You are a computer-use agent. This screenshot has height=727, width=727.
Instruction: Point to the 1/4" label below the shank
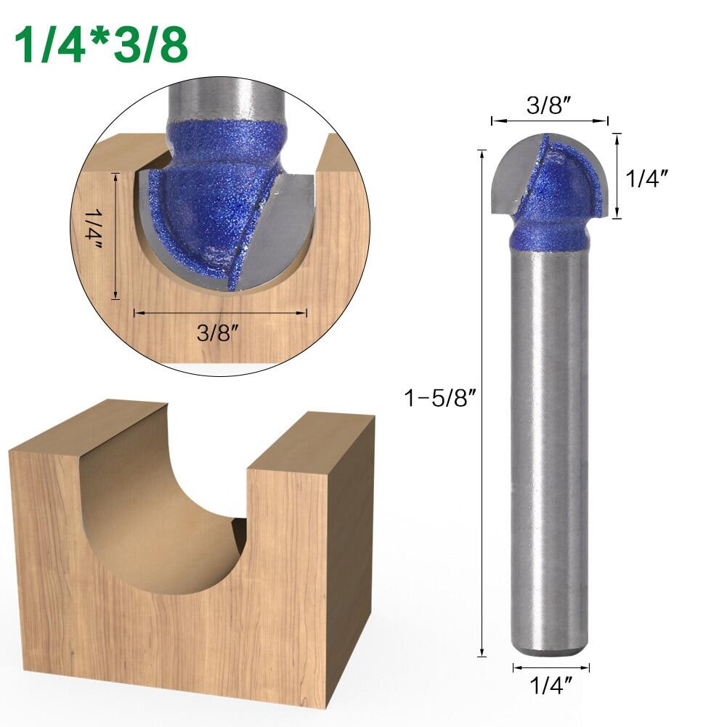pos(550,684)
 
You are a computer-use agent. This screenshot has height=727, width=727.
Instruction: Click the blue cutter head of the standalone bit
pos(563,189)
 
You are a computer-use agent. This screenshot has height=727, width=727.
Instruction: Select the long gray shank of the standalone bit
pos(549,436)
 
